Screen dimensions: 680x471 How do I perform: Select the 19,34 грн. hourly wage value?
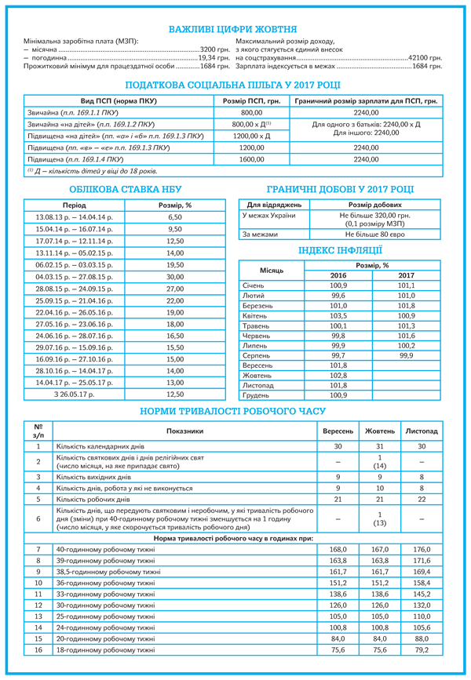click(x=214, y=58)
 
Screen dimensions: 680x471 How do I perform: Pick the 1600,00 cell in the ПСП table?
click(x=251, y=158)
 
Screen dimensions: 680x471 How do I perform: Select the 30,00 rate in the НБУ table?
click(x=174, y=277)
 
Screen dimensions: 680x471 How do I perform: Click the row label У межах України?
click(x=269, y=215)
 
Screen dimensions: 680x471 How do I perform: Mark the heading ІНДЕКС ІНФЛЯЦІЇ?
click(x=340, y=251)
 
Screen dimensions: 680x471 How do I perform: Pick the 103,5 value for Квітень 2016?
click(x=338, y=316)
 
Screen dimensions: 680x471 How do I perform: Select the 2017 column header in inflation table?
click(x=406, y=276)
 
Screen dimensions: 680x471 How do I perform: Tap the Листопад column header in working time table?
click(x=422, y=431)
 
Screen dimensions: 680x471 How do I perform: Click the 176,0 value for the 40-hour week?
click(x=422, y=550)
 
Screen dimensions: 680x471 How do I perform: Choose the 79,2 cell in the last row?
click(x=422, y=650)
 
